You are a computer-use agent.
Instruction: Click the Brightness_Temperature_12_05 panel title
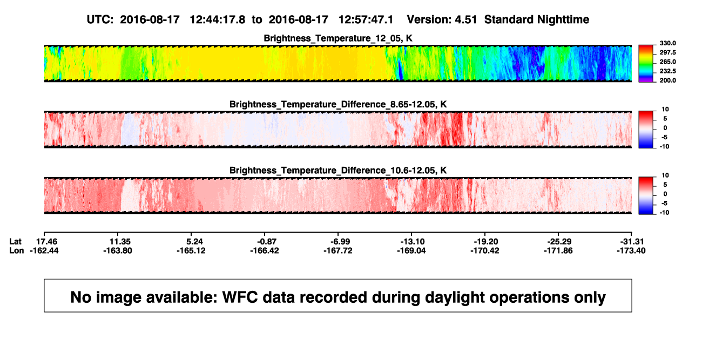[x=338, y=38]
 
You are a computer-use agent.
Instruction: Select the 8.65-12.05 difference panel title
[x=338, y=104]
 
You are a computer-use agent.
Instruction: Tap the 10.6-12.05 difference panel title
[x=338, y=171]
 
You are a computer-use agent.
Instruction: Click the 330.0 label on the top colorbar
[x=667, y=43]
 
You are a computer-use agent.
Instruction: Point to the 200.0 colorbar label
[x=667, y=80]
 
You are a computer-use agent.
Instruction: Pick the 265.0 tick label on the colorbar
[x=667, y=62]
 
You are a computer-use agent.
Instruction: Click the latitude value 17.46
[x=46, y=242]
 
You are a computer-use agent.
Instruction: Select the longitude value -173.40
[x=631, y=250]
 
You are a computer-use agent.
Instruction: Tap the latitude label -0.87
[x=267, y=242]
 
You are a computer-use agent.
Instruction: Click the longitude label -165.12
[x=191, y=250]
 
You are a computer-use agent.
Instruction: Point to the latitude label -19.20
[x=486, y=242]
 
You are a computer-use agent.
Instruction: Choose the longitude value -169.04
[x=411, y=250]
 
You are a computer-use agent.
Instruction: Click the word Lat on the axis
[x=15, y=242]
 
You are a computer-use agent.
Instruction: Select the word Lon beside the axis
[x=16, y=250]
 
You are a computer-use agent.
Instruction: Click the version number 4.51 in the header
[x=465, y=20]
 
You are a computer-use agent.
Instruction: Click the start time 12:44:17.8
[x=218, y=20]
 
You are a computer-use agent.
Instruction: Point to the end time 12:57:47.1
[x=366, y=20]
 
